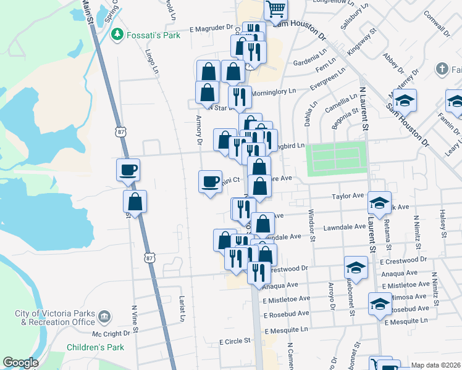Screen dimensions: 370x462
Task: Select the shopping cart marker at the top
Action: (x=275, y=9)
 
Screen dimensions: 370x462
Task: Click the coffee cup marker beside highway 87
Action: (x=128, y=170)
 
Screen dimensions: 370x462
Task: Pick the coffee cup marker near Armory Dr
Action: (x=211, y=182)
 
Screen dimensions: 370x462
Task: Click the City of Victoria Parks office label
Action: (x=55, y=318)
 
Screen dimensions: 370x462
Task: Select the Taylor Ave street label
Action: (x=348, y=195)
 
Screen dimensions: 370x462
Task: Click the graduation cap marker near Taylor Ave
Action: (x=379, y=203)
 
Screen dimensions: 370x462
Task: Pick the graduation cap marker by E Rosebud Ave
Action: (x=380, y=304)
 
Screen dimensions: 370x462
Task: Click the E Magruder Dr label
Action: (x=211, y=28)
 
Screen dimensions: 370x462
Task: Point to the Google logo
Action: (x=20, y=363)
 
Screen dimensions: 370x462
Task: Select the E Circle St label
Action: (x=234, y=340)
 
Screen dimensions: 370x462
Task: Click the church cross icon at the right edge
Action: (x=441, y=68)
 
